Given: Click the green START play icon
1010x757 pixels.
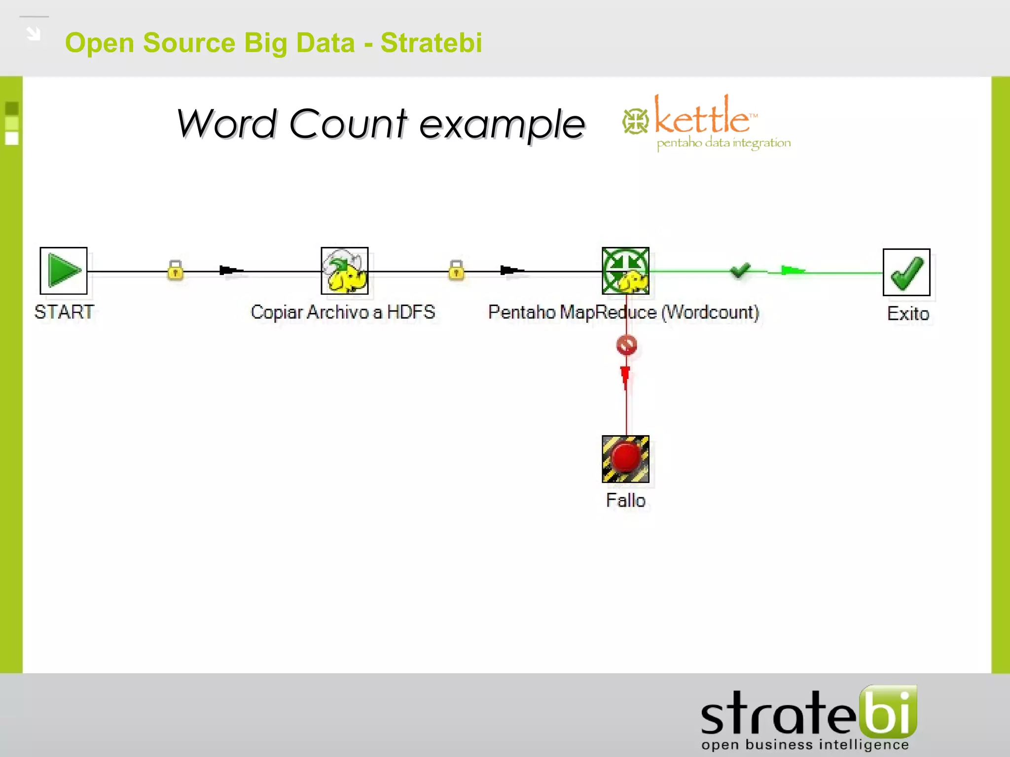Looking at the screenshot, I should click(64, 271).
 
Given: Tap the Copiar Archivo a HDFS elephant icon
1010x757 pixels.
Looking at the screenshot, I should click(345, 271).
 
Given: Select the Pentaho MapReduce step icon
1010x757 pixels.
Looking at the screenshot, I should click(625, 271).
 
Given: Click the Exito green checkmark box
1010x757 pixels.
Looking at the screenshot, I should click(906, 272).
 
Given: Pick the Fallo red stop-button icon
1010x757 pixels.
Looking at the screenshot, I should click(625, 459).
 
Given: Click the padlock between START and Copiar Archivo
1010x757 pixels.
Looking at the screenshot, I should click(175, 270).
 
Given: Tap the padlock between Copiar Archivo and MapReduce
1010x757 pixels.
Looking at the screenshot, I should click(456, 270).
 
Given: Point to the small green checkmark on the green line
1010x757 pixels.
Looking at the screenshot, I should click(740, 270).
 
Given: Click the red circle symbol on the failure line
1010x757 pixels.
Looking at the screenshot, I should click(626, 345).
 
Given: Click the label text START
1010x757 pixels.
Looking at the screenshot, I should click(64, 312).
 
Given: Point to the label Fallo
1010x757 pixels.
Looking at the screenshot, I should click(625, 500).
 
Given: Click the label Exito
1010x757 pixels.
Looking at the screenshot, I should click(908, 313).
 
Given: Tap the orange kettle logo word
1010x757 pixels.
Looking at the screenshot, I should click(702, 116).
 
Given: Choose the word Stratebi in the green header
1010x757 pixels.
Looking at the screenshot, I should click(431, 42).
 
